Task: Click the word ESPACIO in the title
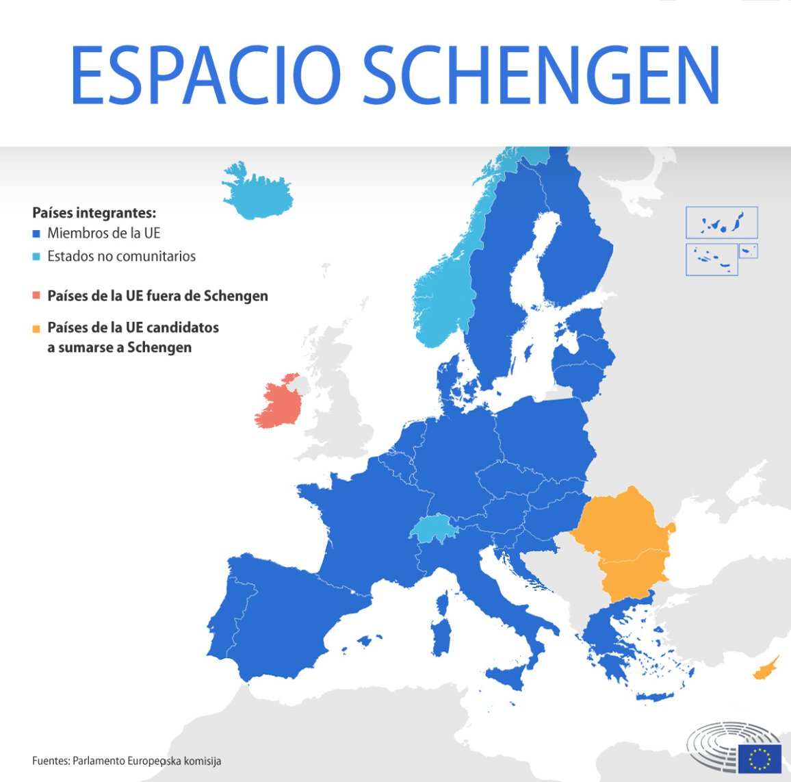[x=205, y=75]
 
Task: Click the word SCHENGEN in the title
[x=541, y=75]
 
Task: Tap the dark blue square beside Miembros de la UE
[x=36, y=234]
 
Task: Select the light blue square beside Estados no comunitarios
[x=36, y=257]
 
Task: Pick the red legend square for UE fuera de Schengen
[x=36, y=297]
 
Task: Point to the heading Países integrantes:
[x=94, y=212]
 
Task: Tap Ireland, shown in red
[x=279, y=405]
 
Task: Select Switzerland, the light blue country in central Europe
[x=432, y=528]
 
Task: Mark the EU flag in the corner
[x=759, y=757]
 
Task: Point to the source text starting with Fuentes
[x=127, y=761]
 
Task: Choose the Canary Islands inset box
[x=721, y=223]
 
